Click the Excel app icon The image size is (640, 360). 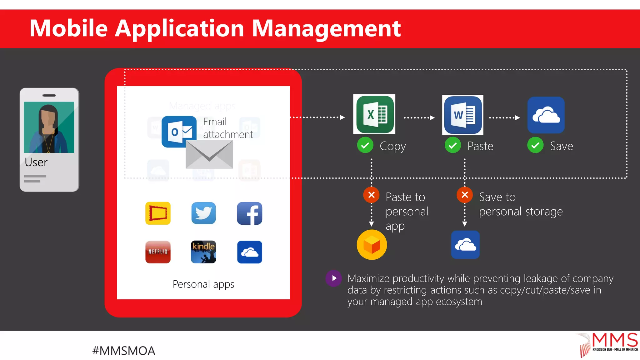click(374, 114)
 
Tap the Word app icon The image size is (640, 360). click(463, 115)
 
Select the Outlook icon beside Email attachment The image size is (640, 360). click(178, 132)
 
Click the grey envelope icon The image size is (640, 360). click(209, 154)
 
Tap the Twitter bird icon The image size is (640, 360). click(203, 213)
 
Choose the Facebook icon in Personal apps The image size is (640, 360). click(249, 213)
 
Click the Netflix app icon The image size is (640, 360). click(158, 252)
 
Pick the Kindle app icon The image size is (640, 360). click(203, 252)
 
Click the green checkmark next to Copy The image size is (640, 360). click(365, 145)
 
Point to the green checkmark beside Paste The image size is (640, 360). click(452, 145)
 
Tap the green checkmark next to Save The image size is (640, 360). click(535, 145)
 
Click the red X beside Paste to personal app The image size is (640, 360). click(371, 195)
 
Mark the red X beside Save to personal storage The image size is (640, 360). click(465, 195)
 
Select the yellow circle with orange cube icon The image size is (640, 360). click(372, 245)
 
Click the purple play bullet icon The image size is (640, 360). click(334, 278)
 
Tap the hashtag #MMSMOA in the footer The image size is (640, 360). click(124, 351)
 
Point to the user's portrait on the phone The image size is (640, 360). click(49, 127)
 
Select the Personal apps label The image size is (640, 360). click(203, 284)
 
